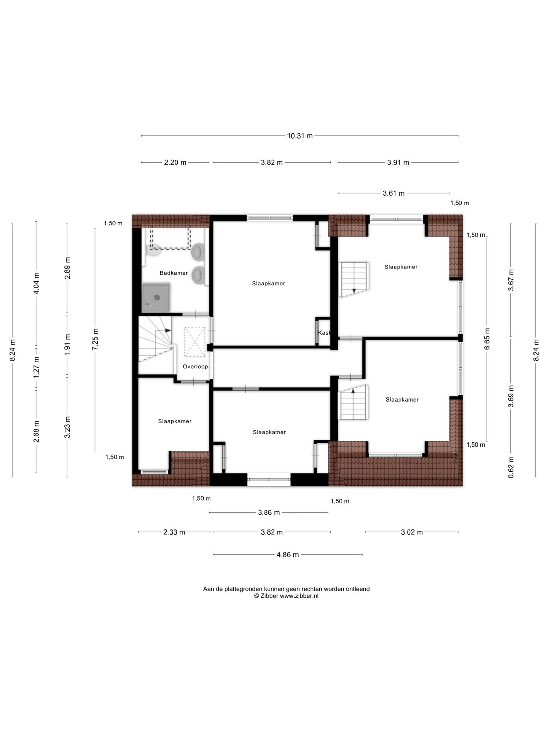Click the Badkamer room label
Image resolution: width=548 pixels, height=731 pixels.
tap(174, 273)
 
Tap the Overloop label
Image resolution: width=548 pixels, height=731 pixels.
tap(195, 367)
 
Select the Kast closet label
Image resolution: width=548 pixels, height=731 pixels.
tap(324, 333)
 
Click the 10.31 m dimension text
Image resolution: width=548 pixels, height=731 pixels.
tap(300, 136)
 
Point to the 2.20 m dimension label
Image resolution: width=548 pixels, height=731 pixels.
tap(175, 163)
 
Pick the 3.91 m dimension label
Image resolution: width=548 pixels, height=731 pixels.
tap(398, 163)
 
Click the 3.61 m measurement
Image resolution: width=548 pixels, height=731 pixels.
tap(393, 193)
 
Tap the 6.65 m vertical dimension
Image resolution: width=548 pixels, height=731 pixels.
tap(487, 339)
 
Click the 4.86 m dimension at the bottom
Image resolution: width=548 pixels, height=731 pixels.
tap(288, 555)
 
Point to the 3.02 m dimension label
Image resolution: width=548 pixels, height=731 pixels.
tap(412, 532)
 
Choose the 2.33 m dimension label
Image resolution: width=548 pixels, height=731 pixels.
tap(174, 532)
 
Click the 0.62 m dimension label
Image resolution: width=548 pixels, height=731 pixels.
tap(511, 468)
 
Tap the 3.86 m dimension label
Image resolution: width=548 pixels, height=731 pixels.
tap(269, 512)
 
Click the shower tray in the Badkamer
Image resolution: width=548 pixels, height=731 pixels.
tap(156, 297)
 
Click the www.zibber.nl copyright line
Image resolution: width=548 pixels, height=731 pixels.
tap(286, 596)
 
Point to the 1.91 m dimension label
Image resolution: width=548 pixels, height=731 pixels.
tap(67, 345)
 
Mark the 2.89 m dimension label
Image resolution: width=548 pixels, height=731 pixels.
tap(67, 268)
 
